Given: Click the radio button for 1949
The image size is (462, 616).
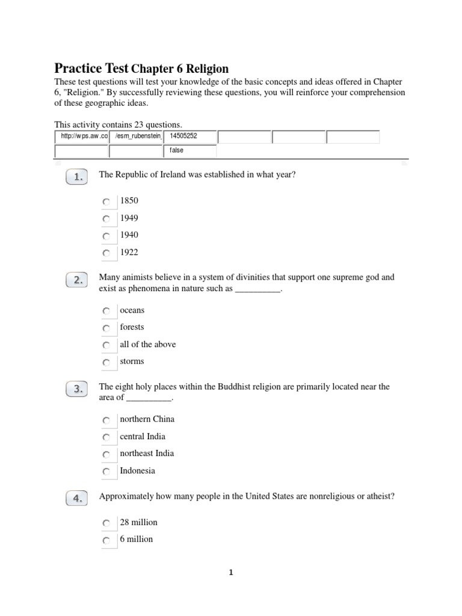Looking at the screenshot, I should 106,218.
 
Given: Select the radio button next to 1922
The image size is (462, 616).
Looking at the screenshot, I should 106,253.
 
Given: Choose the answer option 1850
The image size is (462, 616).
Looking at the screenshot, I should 129,200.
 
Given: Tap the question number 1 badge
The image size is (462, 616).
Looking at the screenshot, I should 78,177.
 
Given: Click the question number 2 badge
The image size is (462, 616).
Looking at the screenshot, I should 78,280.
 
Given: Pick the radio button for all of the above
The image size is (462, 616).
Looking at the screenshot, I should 106,345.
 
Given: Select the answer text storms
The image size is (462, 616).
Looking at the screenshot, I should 132,362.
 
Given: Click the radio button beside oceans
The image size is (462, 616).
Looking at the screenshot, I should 106,311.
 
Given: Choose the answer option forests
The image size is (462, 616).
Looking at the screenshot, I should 132,327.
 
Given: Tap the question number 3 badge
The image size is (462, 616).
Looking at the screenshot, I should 78,389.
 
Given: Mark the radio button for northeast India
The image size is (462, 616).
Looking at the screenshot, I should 106,454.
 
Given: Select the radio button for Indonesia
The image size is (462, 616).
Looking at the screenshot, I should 106,472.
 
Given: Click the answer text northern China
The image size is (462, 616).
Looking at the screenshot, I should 147,419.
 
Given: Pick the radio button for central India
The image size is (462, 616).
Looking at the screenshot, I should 106,437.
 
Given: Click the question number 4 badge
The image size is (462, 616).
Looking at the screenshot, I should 78,497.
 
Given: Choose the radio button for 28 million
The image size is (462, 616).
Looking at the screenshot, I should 106,523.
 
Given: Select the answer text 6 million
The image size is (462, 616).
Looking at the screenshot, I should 137,539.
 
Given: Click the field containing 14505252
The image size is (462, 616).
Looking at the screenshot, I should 189,137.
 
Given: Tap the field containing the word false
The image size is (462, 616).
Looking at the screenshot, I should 189,150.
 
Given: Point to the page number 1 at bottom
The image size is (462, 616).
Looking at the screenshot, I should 230,573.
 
